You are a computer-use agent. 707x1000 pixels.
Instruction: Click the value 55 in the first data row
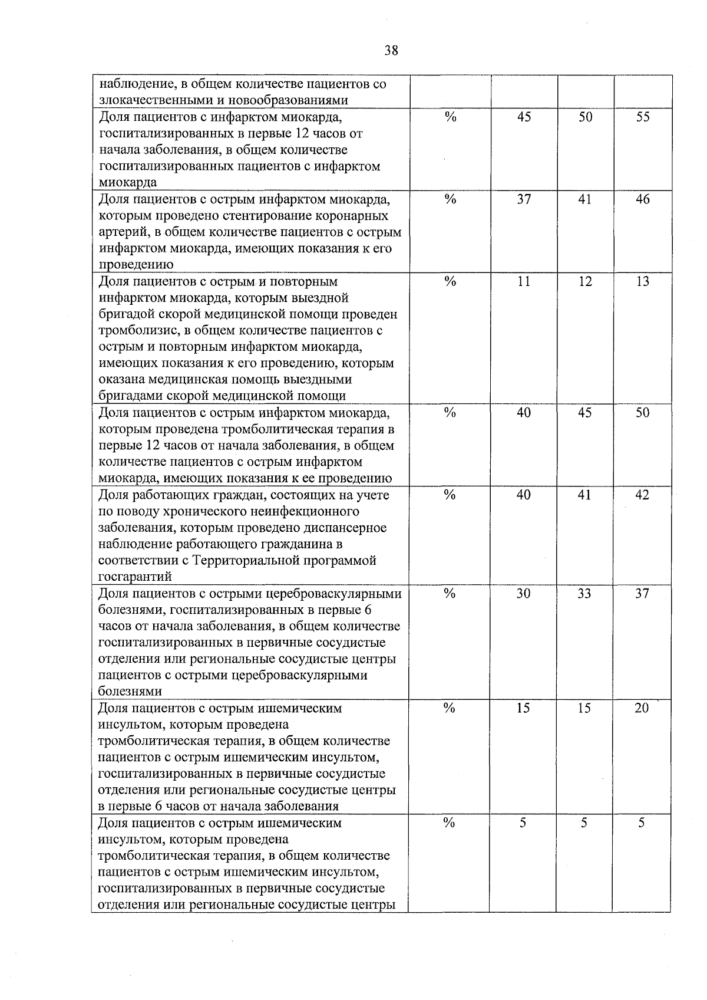pyautogui.click(x=643, y=117)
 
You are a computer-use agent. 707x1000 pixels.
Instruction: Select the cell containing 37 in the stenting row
pyautogui.click(x=524, y=199)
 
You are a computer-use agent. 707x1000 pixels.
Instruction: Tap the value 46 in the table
pyautogui.click(x=643, y=199)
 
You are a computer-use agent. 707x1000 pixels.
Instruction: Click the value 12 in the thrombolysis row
pyautogui.click(x=584, y=281)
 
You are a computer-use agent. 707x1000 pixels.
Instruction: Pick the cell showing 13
pyautogui.click(x=643, y=281)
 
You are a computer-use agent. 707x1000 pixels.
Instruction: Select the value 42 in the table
pyautogui.click(x=642, y=495)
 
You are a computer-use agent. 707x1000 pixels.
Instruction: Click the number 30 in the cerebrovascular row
pyautogui.click(x=523, y=593)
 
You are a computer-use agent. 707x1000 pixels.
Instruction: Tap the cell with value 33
pyautogui.click(x=584, y=593)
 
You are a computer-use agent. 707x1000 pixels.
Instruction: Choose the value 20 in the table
pyautogui.click(x=642, y=708)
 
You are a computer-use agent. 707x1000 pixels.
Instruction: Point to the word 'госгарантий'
pyautogui.click(x=135, y=577)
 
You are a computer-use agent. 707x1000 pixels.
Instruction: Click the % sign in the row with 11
pyautogui.click(x=450, y=281)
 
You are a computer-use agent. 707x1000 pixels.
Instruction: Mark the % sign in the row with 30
pyautogui.click(x=450, y=593)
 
